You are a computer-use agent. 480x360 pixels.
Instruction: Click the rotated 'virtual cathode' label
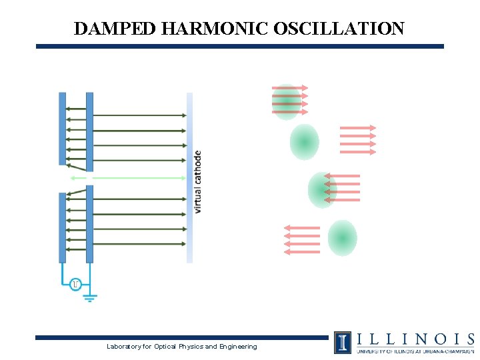click(x=197, y=181)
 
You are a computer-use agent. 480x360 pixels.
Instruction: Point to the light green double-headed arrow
click(x=127, y=178)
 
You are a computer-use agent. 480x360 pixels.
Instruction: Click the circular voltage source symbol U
click(x=75, y=285)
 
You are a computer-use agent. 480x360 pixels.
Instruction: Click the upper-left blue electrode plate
click(x=63, y=128)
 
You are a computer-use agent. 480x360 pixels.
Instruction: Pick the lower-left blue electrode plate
click(x=63, y=227)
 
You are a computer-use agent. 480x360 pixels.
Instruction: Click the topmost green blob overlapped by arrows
click(x=286, y=101)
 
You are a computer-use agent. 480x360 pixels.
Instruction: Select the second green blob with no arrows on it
click(x=304, y=142)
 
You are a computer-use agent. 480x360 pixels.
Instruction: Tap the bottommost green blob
click(x=342, y=238)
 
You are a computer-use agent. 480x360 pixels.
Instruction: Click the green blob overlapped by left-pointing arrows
click(x=322, y=190)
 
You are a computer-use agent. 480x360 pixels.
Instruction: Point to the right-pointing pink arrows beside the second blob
click(x=358, y=140)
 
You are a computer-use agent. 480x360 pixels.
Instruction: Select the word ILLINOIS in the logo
click(x=414, y=339)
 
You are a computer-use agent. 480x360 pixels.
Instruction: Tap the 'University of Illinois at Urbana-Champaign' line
click(x=414, y=351)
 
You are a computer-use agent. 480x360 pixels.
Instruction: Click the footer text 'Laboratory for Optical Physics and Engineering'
click(x=181, y=346)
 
